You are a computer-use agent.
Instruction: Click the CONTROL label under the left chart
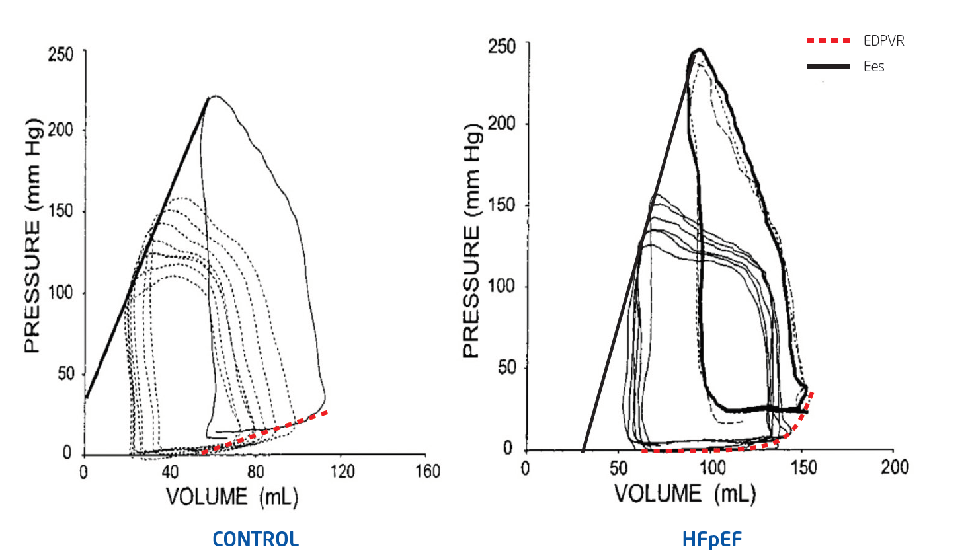coord(256,539)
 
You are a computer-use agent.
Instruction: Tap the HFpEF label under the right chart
coord(712,540)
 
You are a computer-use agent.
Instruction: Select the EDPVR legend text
coord(883,41)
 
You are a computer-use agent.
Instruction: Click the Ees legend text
coord(873,66)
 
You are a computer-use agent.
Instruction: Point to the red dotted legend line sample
coord(828,41)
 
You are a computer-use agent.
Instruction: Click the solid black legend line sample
coord(828,66)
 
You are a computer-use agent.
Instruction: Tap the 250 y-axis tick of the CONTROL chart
coord(60,54)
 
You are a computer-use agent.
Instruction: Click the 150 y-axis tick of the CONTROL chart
coord(60,211)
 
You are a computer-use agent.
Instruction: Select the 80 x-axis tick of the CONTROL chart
coord(255,471)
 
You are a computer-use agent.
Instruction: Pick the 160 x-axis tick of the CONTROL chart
coord(427,471)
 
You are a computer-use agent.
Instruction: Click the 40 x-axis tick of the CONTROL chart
coord(170,471)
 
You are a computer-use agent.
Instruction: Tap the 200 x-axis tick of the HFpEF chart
coord(894,467)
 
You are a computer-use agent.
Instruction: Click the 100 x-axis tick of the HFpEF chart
coord(712,467)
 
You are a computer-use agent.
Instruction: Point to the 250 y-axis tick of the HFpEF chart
coord(501,46)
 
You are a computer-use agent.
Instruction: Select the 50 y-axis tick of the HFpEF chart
coord(506,367)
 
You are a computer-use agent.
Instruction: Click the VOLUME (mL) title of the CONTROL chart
coord(231,497)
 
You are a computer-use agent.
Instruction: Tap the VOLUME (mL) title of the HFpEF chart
coord(684,494)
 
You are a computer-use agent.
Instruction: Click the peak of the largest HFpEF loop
coord(698,50)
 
